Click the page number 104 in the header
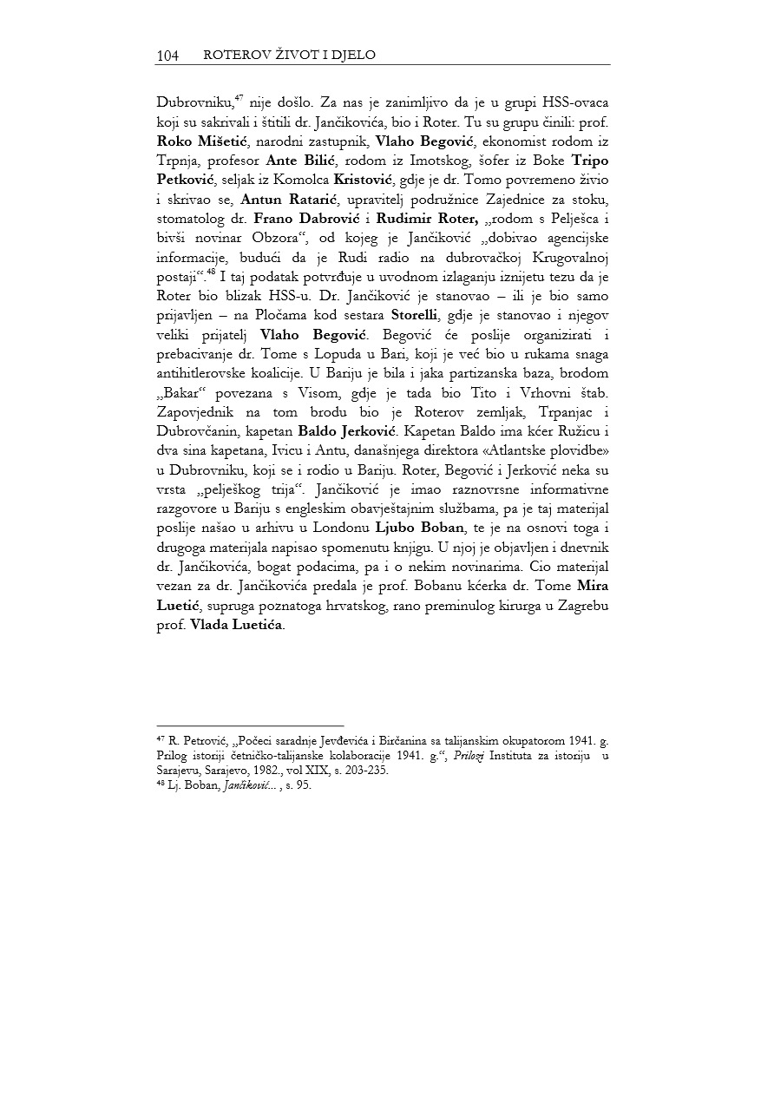point(167,56)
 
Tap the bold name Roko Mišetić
point(193,141)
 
